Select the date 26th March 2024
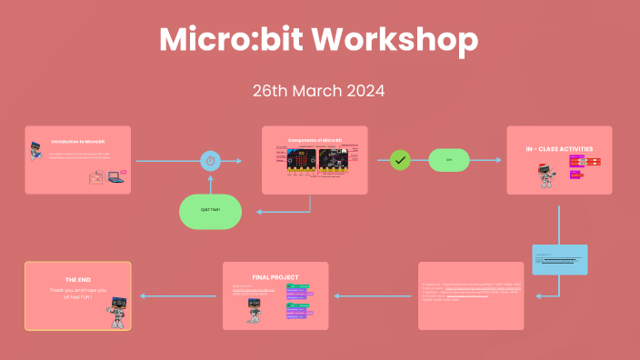tap(319, 91)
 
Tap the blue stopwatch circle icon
tap(211, 161)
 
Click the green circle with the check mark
tap(400, 160)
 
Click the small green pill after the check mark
tap(449, 160)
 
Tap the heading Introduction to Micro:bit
tap(78, 142)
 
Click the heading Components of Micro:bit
tap(315, 140)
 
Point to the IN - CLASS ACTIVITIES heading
tap(559, 148)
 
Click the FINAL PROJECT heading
tap(275, 276)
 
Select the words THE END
tap(78, 279)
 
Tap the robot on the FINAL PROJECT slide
tap(255, 309)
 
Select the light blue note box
tap(559, 259)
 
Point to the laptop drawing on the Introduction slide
tap(115, 177)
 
